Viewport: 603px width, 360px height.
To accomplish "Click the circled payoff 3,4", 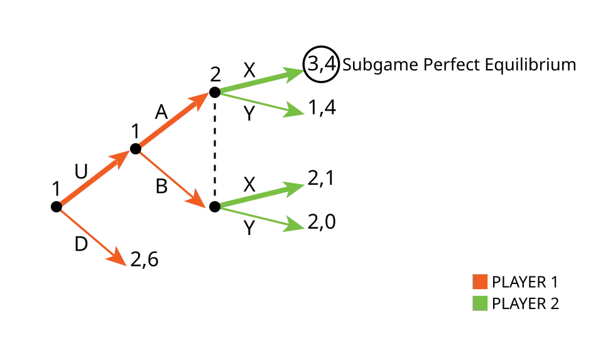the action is click(321, 64).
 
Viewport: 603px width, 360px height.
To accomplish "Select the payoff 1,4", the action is click(322, 107).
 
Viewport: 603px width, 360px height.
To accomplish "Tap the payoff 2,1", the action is click(321, 178).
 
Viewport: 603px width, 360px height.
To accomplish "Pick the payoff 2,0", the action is click(322, 222).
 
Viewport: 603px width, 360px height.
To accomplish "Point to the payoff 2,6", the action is click(144, 259).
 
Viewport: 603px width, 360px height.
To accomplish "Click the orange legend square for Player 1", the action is click(480, 281).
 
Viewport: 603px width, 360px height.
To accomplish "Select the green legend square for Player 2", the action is click(480, 303).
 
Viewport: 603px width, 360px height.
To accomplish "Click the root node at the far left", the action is click(56, 207).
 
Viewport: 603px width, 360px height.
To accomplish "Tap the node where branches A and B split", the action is click(136, 149).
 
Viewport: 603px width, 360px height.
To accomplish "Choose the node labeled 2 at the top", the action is click(215, 92).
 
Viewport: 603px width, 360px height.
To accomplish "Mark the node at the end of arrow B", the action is click(215, 207).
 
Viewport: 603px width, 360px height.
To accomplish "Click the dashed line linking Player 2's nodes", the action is click(215, 150).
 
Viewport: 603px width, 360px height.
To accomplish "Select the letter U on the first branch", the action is click(81, 172).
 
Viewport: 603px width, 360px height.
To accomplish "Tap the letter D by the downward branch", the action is click(81, 244).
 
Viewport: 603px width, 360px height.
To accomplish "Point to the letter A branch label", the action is click(161, 112).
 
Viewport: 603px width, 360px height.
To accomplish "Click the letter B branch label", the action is click(161, 187).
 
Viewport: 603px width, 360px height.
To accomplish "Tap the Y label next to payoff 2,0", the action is click(249, 227).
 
